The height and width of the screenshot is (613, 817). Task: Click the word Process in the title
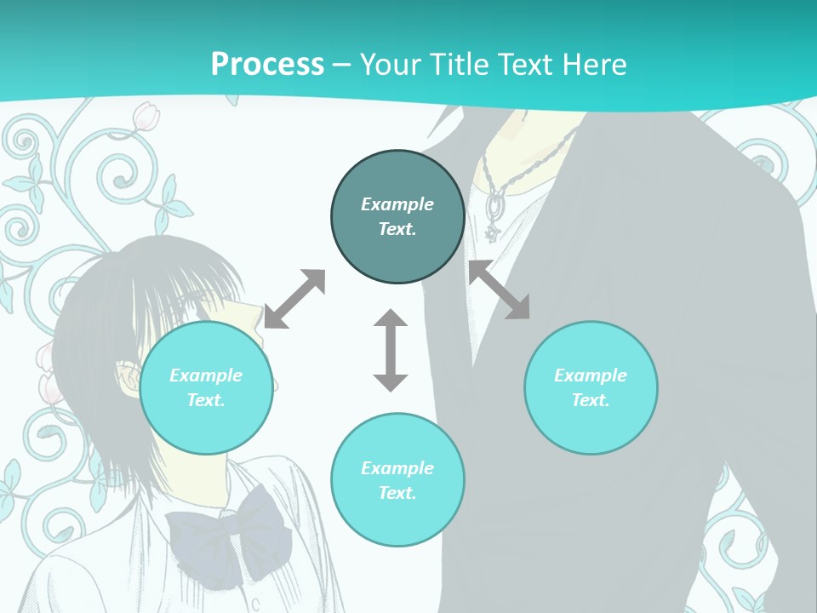pyautogui.click(x=267, y=65)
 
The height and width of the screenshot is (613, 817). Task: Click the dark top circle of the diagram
pyautogui.click(x=397, y=216)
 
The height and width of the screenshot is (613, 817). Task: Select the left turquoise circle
pyautogui.click(x=206, y=387)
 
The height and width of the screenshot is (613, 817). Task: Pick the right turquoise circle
pyautogui.click(x=591, y=387)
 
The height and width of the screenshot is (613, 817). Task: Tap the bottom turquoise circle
pyautogui.click(x=397, y=479)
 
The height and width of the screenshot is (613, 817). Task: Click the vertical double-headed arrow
pyautogui.click(x=391, y=350)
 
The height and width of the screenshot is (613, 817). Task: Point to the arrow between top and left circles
pyautogui.click(x=294, y=299)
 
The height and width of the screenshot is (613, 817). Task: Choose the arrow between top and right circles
pyautogui.click(x=500, y=289)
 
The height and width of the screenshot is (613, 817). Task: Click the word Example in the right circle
pyautogui.click(x=591, y=375)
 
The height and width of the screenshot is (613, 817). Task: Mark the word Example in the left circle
pyautogui.click(x=206, y=375)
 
